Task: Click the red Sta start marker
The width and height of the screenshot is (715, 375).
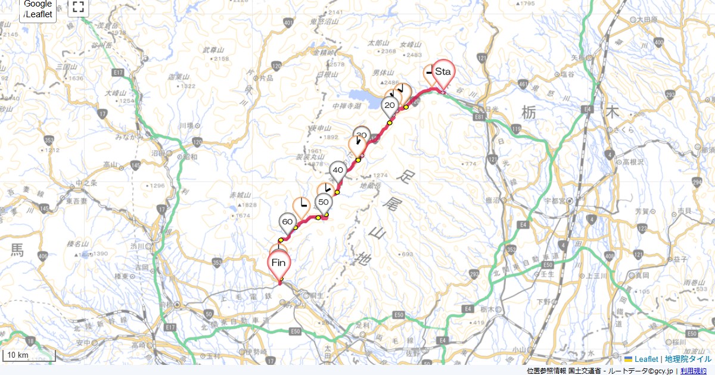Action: point(443,72)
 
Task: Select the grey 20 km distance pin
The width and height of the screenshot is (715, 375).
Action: point(390,106)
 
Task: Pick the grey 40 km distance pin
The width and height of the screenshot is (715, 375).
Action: point(338,170)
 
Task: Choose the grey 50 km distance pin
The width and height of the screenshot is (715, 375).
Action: point(324,202)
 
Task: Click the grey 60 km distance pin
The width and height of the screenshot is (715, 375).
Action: point(287,223)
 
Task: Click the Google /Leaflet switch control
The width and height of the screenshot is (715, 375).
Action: point(38,9)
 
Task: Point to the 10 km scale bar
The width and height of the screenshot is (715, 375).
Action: point(29,355)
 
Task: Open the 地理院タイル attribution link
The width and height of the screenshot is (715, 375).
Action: point(688,359)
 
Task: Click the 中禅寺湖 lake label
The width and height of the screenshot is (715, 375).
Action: point(346,105)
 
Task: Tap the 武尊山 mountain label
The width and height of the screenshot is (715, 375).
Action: point(213,49)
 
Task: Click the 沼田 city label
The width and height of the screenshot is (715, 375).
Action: point(158,153)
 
